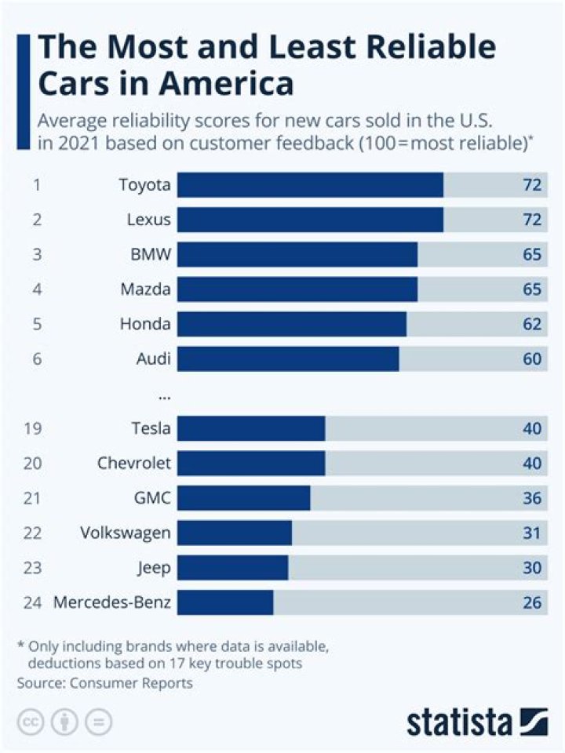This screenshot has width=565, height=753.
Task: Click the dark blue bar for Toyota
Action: (x=310, y=186)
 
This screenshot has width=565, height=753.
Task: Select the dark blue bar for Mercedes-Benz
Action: (x=225, y=603)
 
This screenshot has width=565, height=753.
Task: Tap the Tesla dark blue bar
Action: (x=251, y=428)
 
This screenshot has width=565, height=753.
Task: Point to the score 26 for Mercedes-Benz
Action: (x=532, y=603)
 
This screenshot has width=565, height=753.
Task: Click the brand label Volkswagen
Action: (x=126, y=533)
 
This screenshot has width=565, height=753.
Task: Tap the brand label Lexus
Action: (x=148, y=220)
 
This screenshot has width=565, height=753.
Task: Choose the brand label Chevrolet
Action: (x=134, y=463)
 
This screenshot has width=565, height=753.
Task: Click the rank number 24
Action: (x=33, y=603)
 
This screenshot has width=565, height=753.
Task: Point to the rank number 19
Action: (x=33, y=428)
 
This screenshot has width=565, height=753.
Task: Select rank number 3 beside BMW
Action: (x=37, y=255)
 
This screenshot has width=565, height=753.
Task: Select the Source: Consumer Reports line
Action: (x=104, y=682)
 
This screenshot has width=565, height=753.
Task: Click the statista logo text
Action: (x=458, y=721)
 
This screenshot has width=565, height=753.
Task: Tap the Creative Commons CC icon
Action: (x=30, y=721)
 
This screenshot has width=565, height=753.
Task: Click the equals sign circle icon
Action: (x=99, y=721)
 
